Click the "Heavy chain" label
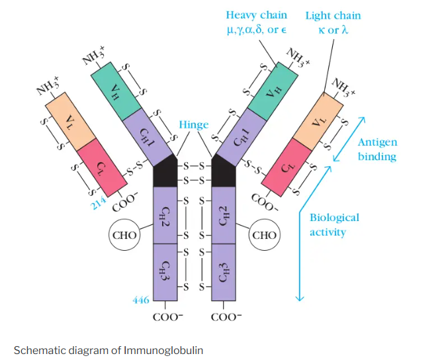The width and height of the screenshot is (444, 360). pos(256,15)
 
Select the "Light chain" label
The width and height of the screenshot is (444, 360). pos(333,15)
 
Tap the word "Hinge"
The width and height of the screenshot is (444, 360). pos(193,124)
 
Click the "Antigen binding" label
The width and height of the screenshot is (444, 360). pos(377,150)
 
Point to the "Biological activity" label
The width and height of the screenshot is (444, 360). pos(334,224)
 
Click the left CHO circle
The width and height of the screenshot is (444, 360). pos(124,234)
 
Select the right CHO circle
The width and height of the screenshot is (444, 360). pos(264,234)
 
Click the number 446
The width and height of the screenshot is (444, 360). pos(141,300)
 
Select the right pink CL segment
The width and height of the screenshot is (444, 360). pos(290,168)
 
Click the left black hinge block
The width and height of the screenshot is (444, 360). pos(166,173)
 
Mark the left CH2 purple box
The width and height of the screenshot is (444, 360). pos(165,215)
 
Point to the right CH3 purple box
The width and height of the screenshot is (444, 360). pos(223,271)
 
